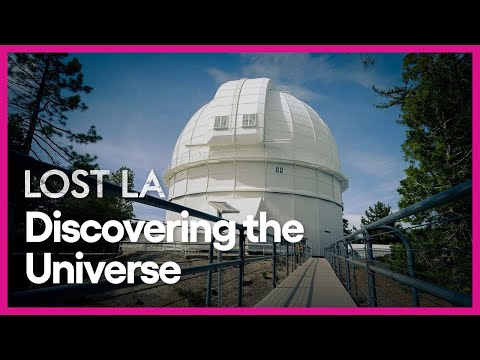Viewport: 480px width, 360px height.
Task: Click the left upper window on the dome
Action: (x=221, y=122)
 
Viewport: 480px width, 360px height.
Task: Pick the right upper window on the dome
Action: (x=249, y=120)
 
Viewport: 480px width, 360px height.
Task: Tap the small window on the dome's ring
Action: (x=280, y=169)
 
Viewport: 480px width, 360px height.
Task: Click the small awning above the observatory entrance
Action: (x=223, y=207)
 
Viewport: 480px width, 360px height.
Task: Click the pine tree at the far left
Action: (x=40, y=110)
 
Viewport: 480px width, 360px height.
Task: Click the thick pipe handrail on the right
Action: (x=420, y=206)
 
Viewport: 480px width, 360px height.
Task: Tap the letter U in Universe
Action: (x=37, y=268)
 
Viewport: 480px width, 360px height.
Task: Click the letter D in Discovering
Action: (x=36, y=230)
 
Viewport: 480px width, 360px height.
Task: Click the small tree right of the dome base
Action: (x=376, y=214)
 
